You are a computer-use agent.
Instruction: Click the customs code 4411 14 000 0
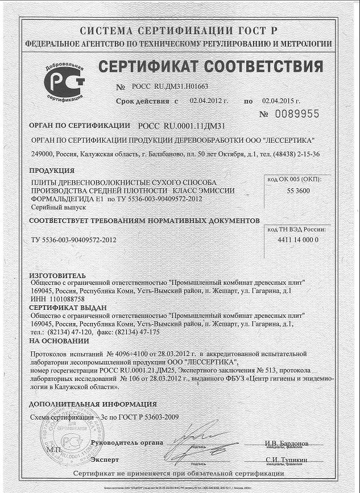click(x=299, y=239)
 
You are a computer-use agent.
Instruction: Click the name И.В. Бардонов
click(x=286, y=443)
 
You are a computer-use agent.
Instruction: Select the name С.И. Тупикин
click(x=286, y=459)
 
